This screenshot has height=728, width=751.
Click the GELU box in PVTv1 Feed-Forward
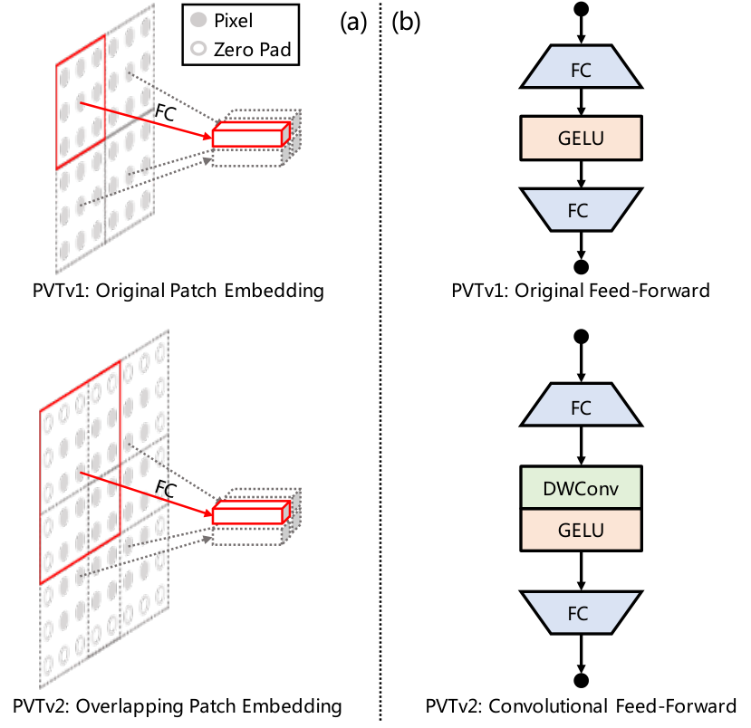[581, 138]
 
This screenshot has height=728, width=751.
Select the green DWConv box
[581, 487]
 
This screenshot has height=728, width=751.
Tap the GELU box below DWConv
[581, 531]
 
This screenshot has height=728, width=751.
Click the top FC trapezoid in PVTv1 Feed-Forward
[581, 67]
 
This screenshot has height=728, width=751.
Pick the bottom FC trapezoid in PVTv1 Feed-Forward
[581, 210]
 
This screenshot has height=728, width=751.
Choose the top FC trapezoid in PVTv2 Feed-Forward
[581, 405]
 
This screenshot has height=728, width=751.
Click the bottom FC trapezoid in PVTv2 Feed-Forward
[581, 613]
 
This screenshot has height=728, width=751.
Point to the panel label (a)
[353, 22]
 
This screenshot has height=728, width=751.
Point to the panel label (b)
[406, 22]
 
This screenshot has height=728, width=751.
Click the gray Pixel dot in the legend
[198, 20]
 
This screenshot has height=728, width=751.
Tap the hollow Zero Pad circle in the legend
[198, 48]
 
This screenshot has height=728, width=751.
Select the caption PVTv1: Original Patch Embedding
[178, 291]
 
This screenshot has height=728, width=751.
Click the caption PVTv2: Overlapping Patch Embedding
[178, 706]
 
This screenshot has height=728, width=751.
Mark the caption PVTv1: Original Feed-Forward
[581, 291]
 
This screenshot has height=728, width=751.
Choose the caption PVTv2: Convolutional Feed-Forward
[581, 706]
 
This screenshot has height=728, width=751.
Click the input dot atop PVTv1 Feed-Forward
[581, 9]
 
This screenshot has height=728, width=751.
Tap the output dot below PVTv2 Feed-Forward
[581, 680]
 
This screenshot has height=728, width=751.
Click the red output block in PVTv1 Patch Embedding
[252, 134]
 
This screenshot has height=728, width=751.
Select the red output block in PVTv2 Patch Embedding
[252, 512]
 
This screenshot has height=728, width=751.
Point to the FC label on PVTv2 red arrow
[166, 489]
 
